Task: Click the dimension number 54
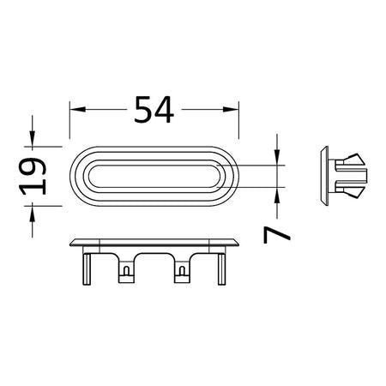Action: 154,110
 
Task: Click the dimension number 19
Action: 33,176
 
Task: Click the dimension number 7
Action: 276,234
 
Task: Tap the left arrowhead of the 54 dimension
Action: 78,109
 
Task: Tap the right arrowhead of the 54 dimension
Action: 231,109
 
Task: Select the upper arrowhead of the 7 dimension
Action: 277,157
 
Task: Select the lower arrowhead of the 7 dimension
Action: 277,196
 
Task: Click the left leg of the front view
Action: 87,269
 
